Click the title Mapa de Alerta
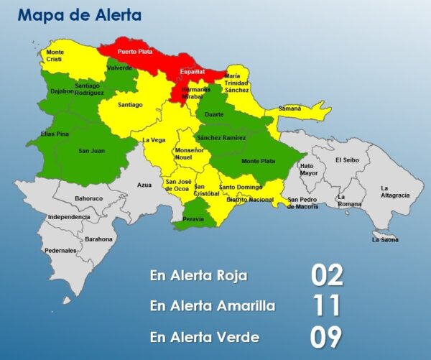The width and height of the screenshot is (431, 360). [x=79, y=14]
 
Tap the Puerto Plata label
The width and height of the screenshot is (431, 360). [x=135, y=52]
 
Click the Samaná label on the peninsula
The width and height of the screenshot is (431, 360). [x=289, y=108]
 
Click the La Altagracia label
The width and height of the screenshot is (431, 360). [x=395, y=191]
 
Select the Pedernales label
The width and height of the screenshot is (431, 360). [x=60, y=251]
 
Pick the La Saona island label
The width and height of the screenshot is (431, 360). [x=385, y=240]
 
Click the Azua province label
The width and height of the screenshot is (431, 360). [x=144, y=185]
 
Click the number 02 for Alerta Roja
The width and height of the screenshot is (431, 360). [x=327, y=275]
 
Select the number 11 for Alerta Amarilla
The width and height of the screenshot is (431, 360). [x=327, y=306]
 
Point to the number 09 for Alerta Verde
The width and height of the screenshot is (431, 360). [x=327, y=337]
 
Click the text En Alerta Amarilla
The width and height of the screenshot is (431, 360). [x=212, y=306]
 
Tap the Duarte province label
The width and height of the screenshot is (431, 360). [x=214, y=114]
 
